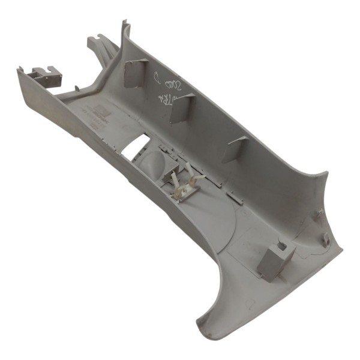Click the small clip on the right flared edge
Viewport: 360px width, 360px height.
coord(325,239)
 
